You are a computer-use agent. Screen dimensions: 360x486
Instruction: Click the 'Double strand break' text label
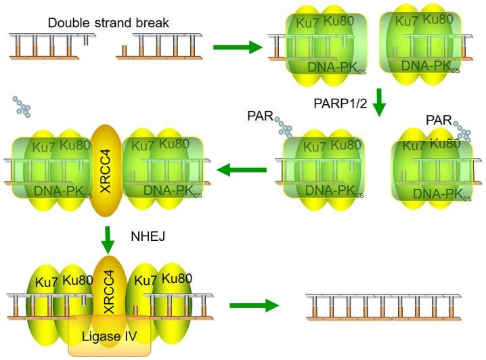(x=108, y=23)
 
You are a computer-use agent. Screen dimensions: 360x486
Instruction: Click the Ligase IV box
(x=108, y=336)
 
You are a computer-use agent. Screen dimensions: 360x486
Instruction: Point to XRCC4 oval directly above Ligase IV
(x=108, y=284)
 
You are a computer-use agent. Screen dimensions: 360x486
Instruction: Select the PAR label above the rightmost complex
(x=439, y=120)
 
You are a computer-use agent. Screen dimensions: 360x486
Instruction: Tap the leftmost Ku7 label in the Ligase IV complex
(x=40, y=279)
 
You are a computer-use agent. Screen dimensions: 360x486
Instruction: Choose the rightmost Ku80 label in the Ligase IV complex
(x=177, y=278)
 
